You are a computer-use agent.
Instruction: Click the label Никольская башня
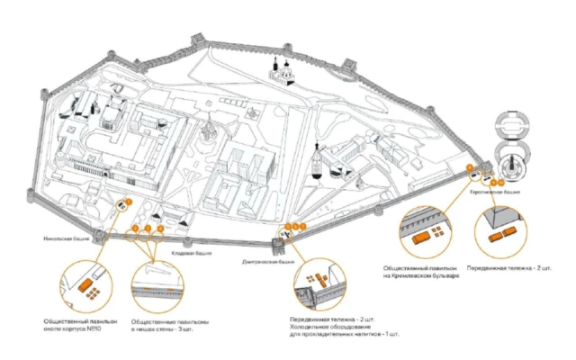pyautogui.click(x=65, y=240)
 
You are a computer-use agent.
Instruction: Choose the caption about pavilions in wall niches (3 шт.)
pyautogui.click(x=170, y=327)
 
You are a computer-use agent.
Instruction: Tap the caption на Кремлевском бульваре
pyautogui.click(x=420, y=274)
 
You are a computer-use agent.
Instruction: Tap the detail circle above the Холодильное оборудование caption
pyautogui.click(x=322, y=285)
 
